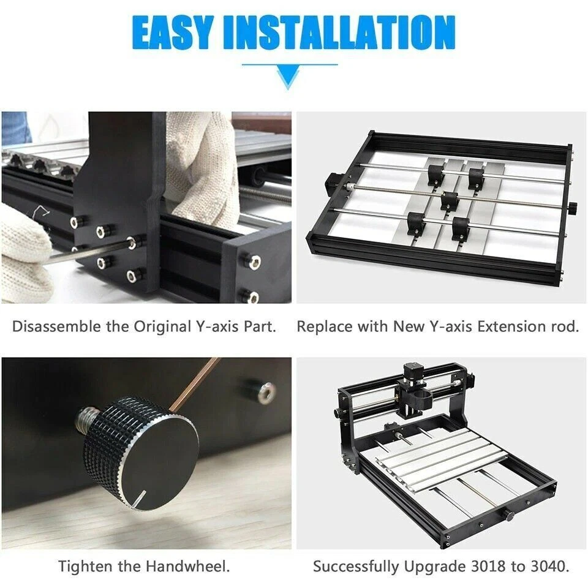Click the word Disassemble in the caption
[56, 326]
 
